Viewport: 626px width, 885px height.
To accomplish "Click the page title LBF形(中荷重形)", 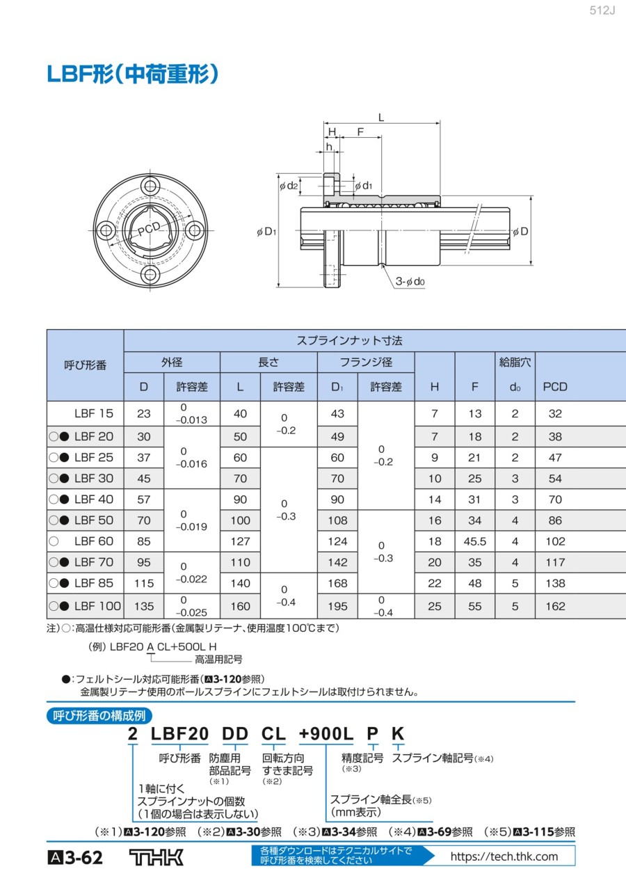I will click(x=133, y=74).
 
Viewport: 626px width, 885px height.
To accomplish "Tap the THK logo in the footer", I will click(x=156, y=857).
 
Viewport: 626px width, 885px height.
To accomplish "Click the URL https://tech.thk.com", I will click(x=504, y=856).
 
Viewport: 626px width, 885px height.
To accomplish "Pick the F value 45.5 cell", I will click(x=475, y=541).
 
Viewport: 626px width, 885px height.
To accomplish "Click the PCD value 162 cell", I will click(x=555, y=606).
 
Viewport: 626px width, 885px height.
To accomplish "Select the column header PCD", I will click(x=555, y=387).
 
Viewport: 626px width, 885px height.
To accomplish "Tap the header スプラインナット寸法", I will click(x=349, y=341).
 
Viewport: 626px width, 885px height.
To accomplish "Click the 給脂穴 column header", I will click(x=515, y=362).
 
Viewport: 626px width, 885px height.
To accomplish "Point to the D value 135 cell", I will click(x=143, y=606).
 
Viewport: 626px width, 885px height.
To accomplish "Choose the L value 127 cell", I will click(x=240, y=541).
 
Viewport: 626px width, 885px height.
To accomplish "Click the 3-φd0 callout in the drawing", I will click(x=410, y=282).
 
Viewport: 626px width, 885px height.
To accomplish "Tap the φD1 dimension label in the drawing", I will click(x=267, y=232).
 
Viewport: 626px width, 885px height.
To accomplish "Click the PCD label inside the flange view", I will click(x=148, y=230).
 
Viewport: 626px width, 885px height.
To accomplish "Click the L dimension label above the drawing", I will click(x=381, y=117).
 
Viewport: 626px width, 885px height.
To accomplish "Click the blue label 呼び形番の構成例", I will click(x=99, y=715).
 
